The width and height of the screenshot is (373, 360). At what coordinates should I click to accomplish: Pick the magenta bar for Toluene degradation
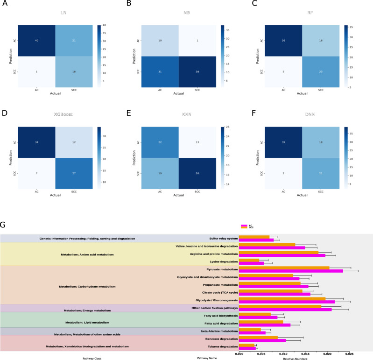point(247,348)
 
